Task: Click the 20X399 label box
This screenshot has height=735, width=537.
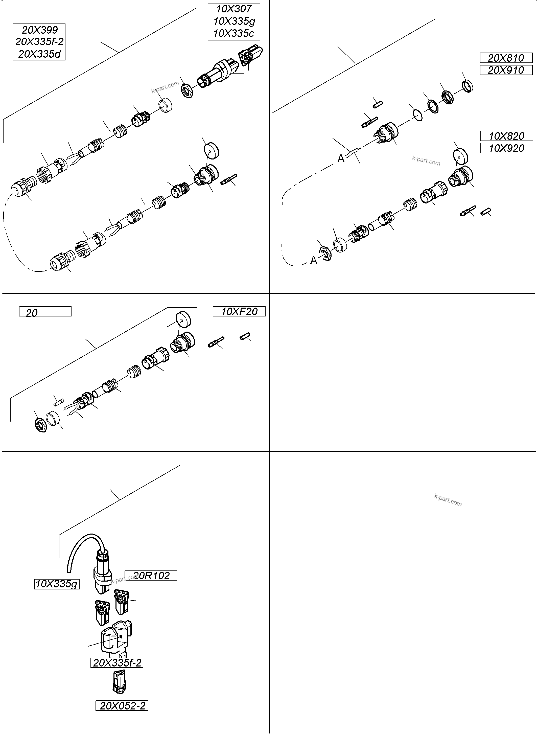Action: (x=39, y=30)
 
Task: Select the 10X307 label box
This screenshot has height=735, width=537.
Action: (x=234, y=9)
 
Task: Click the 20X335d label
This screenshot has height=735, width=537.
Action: (x=39, y=54)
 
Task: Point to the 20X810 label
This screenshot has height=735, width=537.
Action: (x=506, y=58)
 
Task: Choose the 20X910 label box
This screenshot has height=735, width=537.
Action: (x=506, y=70)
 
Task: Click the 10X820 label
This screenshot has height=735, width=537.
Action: (x=506, y=136)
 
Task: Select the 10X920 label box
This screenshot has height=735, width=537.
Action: (x=506, y=148)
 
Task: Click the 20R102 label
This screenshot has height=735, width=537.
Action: (x=151, y=576)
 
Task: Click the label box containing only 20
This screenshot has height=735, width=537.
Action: (x=45, y=312)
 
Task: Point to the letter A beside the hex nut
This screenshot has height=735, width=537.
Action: (x=313, y=260)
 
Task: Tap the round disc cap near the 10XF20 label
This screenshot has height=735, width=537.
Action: (x=183, y=319)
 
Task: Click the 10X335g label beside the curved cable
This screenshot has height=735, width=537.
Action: (x=57, y=584)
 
